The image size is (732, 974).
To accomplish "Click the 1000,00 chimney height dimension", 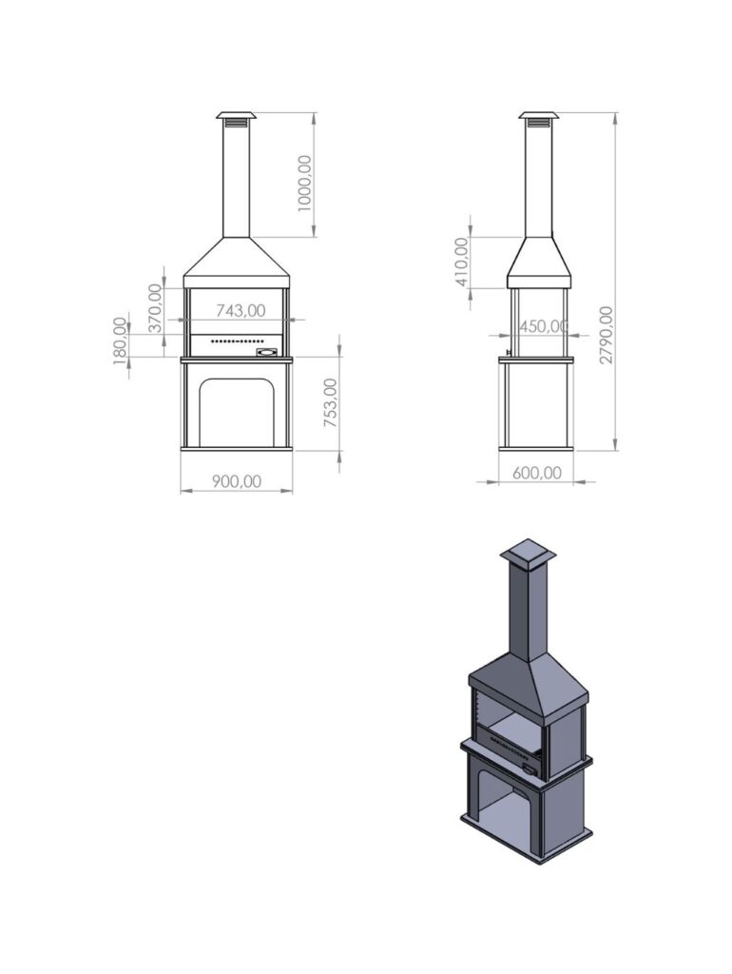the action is [x=304, y=184].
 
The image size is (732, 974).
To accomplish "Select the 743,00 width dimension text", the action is [x=241, y=310].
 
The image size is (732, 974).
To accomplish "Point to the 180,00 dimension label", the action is [x=120, y=341].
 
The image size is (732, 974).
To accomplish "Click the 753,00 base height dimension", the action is [x=331, y=402].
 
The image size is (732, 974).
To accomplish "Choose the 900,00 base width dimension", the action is [x=237, y=480].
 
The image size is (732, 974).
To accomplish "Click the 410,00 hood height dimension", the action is [x=462, y=262].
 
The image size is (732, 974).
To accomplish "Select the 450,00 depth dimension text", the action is [x=543, y=325].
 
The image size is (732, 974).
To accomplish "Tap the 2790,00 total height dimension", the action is [x=607, y=335].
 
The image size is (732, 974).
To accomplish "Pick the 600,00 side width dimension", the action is [x=537, y=473].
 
